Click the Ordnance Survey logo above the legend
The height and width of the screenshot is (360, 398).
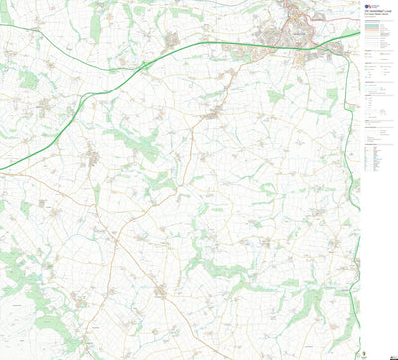(371, 5)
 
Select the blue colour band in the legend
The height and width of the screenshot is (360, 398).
(373, 31)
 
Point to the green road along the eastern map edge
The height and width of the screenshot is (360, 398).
(355, 249)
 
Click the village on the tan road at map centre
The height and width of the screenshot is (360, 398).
(211, 116)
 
